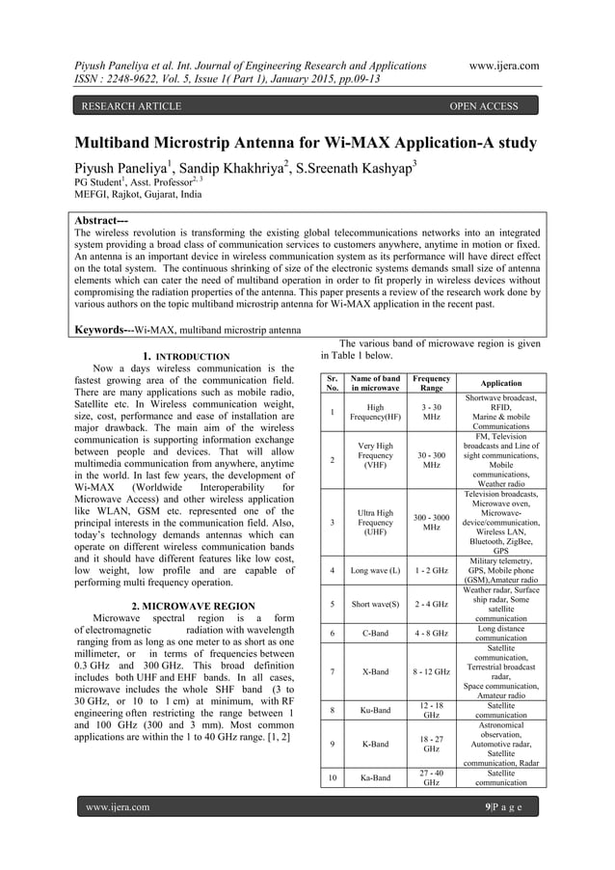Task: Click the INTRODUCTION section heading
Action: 193,357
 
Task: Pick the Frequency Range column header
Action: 432,383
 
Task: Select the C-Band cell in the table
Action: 375,634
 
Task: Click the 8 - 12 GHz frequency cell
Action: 432,671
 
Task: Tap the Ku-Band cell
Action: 375,711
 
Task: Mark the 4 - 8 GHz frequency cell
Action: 432,634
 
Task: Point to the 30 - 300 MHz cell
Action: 432,460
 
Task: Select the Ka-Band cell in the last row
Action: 375,777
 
